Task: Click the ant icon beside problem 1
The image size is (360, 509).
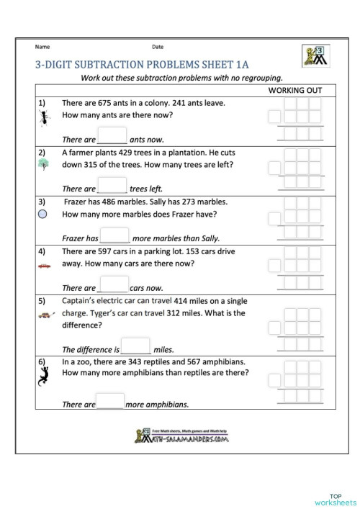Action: click(43, 118)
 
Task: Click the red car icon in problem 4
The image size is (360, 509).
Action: click(43, 266)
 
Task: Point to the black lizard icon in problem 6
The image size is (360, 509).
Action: click(44, 375)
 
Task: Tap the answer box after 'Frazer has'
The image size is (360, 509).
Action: click(114, 235)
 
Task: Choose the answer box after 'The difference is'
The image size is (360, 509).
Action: click(135, 346)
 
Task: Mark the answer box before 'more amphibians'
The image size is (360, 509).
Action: click(110, 401)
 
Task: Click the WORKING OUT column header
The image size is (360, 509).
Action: click(294, 91)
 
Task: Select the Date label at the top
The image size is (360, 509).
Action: click(158, 47)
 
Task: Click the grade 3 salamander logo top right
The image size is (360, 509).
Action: click(311, 55)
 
